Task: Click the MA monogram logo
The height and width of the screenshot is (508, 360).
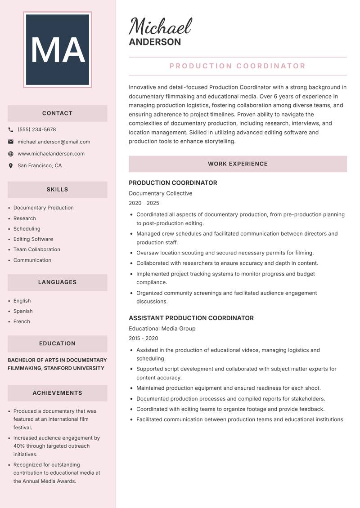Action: [x=57, y=49]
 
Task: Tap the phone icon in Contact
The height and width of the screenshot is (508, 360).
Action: [x=11, y=129]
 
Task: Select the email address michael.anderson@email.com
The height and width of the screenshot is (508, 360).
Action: [x=54, y=142]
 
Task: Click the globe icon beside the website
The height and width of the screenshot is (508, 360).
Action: [x=11, y=154]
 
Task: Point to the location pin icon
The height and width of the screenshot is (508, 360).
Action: [x=11, y=166]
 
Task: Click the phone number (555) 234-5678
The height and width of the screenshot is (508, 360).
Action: [x=37, y=129]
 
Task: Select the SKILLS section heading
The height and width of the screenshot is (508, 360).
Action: [x=57, y=190]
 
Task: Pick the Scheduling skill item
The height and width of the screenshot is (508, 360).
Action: [x=27, y=229]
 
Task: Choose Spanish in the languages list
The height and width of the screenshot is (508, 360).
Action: [x=23, y=311]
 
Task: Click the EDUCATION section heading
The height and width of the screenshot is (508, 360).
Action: [x=57, y=343]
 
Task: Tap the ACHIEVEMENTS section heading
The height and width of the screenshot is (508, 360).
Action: [x=57, y=393]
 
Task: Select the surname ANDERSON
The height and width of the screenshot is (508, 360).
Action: [x=155, y=42]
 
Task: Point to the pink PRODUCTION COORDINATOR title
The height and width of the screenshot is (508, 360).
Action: [x=238, y=66]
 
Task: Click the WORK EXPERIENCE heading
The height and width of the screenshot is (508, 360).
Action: [x=238, y=164]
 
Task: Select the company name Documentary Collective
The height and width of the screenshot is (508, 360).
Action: [x=161, y=193]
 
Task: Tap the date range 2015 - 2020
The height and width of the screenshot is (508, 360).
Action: [x=144, y=338]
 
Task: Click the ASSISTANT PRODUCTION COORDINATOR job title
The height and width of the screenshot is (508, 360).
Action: [x=191, y=318]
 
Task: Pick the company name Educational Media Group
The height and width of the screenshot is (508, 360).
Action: [x=162, y=329]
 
